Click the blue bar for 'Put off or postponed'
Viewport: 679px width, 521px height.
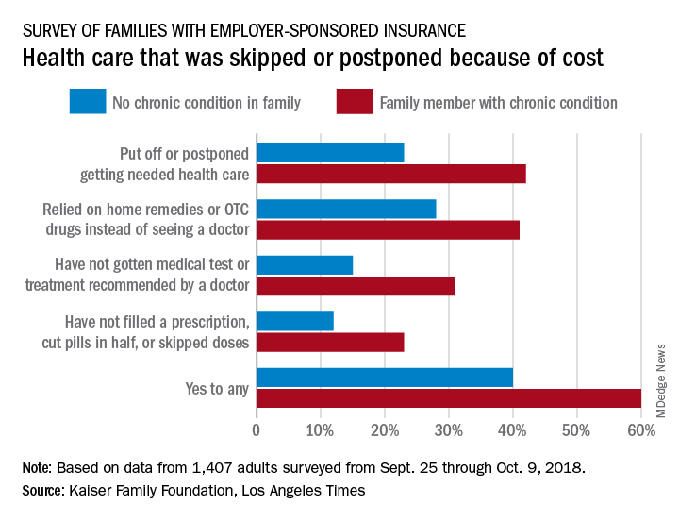[330, 152]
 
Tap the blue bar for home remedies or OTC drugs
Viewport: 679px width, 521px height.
[346, 209]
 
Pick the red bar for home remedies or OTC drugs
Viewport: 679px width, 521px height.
[388, 229]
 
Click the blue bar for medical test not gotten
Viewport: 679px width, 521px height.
[305, 264]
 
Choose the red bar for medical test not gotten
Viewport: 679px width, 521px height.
[356, 286]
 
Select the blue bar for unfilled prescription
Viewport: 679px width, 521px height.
[295, 321]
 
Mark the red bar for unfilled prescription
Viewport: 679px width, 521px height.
[330, 342]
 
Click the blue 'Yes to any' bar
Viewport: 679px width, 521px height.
[385, 378]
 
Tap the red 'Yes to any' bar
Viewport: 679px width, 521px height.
[449, 398]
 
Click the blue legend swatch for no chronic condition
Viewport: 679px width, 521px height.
[87, 101]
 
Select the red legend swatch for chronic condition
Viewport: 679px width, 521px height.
[354, 101]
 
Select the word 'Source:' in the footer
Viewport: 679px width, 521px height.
[42, 492]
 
